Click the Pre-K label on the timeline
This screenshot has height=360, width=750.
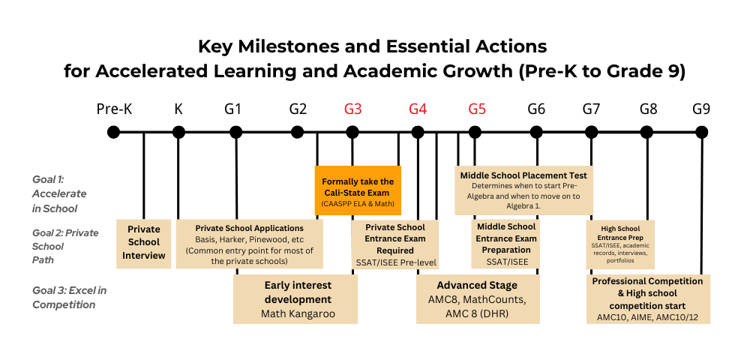point(114,109)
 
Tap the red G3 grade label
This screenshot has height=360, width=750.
point(353,109)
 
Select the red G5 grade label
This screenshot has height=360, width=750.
point(477,109)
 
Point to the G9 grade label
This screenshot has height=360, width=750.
point(701,109)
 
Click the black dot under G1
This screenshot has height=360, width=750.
point(235,133)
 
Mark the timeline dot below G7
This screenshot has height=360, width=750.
point(592,133)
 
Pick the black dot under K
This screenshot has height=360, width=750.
point(178,133)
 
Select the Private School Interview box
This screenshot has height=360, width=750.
point(144,242)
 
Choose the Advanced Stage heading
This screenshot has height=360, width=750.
point(478,285)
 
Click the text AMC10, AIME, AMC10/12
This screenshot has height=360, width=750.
point(647,318)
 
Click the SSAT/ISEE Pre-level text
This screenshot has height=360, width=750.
point(395,262)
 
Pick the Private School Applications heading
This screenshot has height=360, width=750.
point(249,227)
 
